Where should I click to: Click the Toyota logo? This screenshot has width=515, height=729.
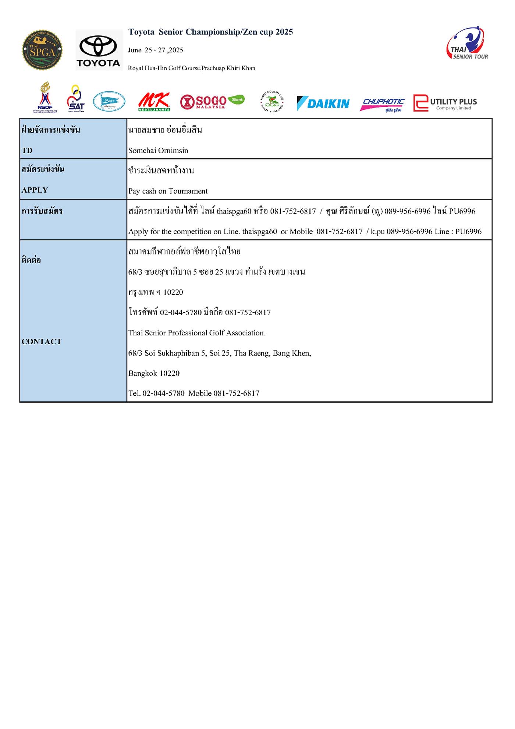pyautogui.click(x=99, y=50)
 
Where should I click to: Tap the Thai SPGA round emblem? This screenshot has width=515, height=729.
pyautogui.click(x=42, y=50)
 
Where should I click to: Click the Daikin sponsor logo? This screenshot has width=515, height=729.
pyautogui.click(x=323, y=103)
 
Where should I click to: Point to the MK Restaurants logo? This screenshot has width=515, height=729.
pyautogui.click(x=154, y=102)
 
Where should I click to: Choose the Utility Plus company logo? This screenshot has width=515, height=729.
pyautogui.click(x=445, y=103)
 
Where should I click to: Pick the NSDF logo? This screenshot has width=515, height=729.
pyautogui.click(x=45, y=97)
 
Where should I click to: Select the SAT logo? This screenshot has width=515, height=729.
pyautogui.click(x=76, y=99)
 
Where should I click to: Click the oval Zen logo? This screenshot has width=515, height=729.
pyautogui.click(x=109, y=102)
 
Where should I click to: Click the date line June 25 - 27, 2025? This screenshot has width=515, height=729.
pyautogui.click(x=155, y=50)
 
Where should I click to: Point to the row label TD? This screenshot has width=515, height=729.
pyautogui.click(x=27, y=151)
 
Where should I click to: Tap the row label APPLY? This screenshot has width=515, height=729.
pyautogui.click(x=35, y=190)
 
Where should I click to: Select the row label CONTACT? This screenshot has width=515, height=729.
pyautogui.click(x=42, y=342)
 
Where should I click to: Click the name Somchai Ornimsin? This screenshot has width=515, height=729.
pyautogui.click(x=158, y=151)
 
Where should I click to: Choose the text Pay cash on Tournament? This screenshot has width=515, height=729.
pyautogui.click(x=168, y=191)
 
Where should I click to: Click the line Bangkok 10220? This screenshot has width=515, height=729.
pyautogui.click(x=154, y=373)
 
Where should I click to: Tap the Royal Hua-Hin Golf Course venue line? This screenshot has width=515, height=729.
pyautogui.click(x=191, y=68)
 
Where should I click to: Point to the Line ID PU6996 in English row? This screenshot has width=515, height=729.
pyautogui.click(x=468, y=232)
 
